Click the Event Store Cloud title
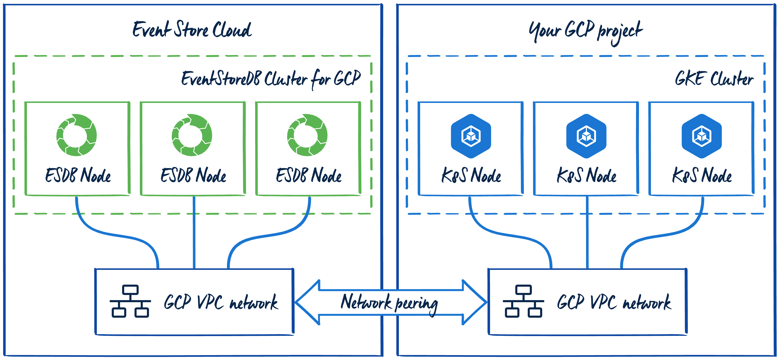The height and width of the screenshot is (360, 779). click(x=192, y=30)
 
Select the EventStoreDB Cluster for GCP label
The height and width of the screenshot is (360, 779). click(x=271, y=79)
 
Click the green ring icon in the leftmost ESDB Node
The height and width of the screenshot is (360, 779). click(x=77, y=135)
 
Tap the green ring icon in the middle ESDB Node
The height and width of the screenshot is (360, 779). click(x=192, y=135)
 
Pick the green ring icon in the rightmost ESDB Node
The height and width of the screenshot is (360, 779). click(x=307, y=135)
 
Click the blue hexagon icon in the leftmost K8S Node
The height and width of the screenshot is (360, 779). click(x=471, y=136)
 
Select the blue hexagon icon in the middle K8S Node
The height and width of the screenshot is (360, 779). click(x=586, y=136)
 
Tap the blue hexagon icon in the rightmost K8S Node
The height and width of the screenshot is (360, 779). click(x=702, y=136)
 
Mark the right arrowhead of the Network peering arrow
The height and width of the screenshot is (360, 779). click(x=475, y=302)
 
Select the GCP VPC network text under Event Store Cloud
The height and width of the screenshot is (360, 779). click(x=221, y=302)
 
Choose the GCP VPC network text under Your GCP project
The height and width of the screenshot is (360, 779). click(x=614, y=302)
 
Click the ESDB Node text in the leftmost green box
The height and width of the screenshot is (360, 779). click(x=78, y=175)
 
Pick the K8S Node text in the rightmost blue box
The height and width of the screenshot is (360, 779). click(x=702, y=175)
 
